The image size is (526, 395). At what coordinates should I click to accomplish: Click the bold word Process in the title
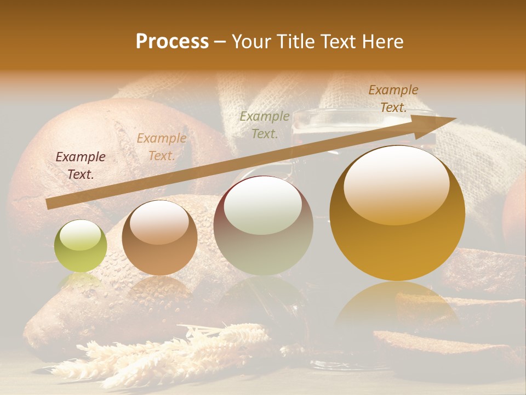point(172,41)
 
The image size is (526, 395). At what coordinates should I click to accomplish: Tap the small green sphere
point(81,247)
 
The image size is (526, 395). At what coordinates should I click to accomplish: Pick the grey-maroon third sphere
point(264,225)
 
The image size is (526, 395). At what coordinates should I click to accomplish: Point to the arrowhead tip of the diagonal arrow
point(455,118)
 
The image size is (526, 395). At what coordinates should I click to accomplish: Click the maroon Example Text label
point(81,165)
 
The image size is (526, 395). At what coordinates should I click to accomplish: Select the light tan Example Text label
point(161,147)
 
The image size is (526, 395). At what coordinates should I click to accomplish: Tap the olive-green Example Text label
point(265,125)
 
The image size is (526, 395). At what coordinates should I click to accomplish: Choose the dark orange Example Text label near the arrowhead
point(393,99)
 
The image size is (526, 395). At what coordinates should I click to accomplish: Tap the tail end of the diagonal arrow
point(49,204)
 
